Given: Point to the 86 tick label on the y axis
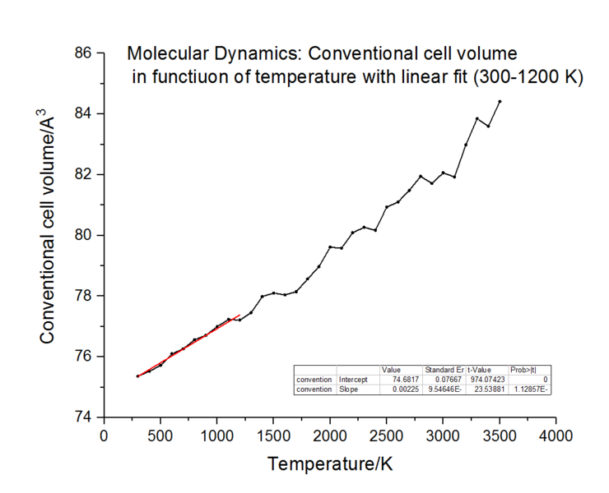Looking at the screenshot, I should pyautogui.click(x=83, y=53).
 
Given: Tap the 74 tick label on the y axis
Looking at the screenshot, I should pyautogui.click(x=83, y=417).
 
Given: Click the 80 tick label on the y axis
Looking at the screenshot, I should pyautogui.click(x=83, y=235).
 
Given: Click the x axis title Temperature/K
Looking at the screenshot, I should pyautogui.click(x=329, y=465).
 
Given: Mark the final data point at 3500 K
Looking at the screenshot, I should pyautogui.click(x=500, y=101).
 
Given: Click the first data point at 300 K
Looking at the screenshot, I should pyautogui.click(x=137, y=376).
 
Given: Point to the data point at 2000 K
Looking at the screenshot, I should pyautogui.click(x=330, y=246).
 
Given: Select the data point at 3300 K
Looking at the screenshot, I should pyautogui.click(x=477, y=118).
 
